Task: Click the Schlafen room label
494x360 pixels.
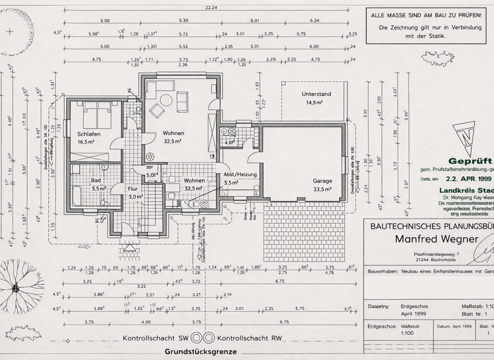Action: tap(89, 133)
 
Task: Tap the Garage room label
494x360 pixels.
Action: tap(322, 181)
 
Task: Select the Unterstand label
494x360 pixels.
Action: tap(316, 94)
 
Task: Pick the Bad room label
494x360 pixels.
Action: tap(96, 181)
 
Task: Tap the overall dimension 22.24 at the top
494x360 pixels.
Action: tap(211, 7)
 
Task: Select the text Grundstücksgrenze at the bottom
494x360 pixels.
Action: tap(201, 352)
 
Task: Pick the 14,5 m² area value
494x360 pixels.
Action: tap(316, 102)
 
